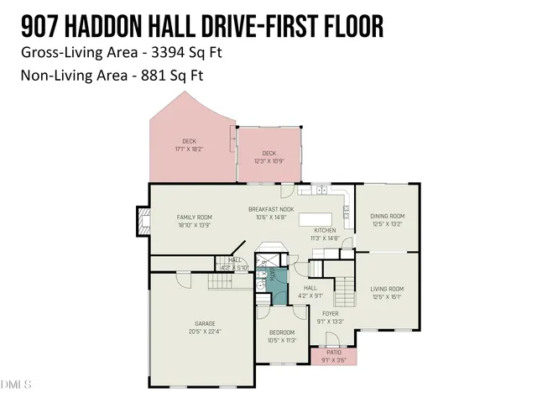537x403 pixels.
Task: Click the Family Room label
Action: point(194,217)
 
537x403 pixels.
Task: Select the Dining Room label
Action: point(387,217)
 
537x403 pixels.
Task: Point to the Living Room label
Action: point(387,289)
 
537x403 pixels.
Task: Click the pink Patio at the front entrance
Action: point(333,356)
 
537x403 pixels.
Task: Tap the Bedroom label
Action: point(282,333)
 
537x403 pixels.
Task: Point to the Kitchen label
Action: point(326,230)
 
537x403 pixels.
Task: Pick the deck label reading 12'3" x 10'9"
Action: point(268,153)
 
